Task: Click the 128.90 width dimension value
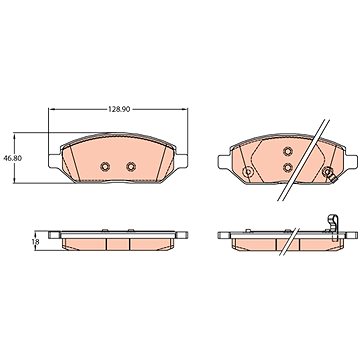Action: pos(119,109)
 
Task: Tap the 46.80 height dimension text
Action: pos(13,158)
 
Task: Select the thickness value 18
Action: pos(35,242)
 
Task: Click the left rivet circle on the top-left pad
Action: pos(105,166)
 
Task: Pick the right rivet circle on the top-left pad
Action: pos(131,166)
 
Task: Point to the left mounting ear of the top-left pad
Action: pos(55,161)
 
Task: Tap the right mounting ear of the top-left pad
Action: pos(181,161)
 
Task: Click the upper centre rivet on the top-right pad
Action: pos(288,151)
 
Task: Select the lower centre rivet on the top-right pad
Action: pos(288,167)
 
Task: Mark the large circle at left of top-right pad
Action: pos(248,172)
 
